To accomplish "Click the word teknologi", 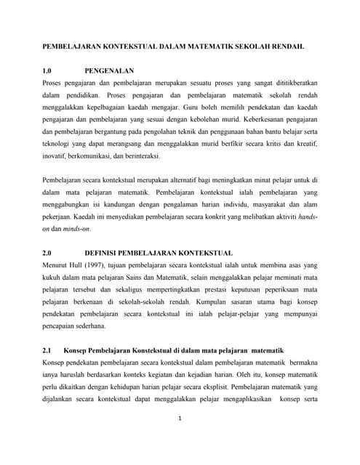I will point(57,145).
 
